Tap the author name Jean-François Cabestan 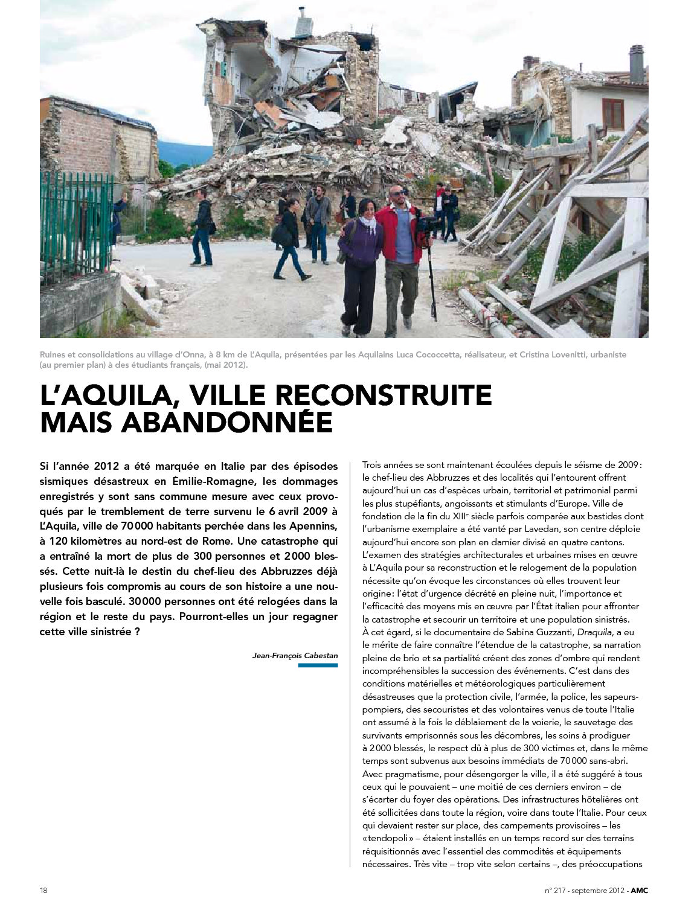[x=295, y=655]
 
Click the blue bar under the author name [x=318, y=665]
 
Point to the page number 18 [x=44, y=891]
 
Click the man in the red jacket [x=399, y=254]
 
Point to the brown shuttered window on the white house [x=612, y=114]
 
